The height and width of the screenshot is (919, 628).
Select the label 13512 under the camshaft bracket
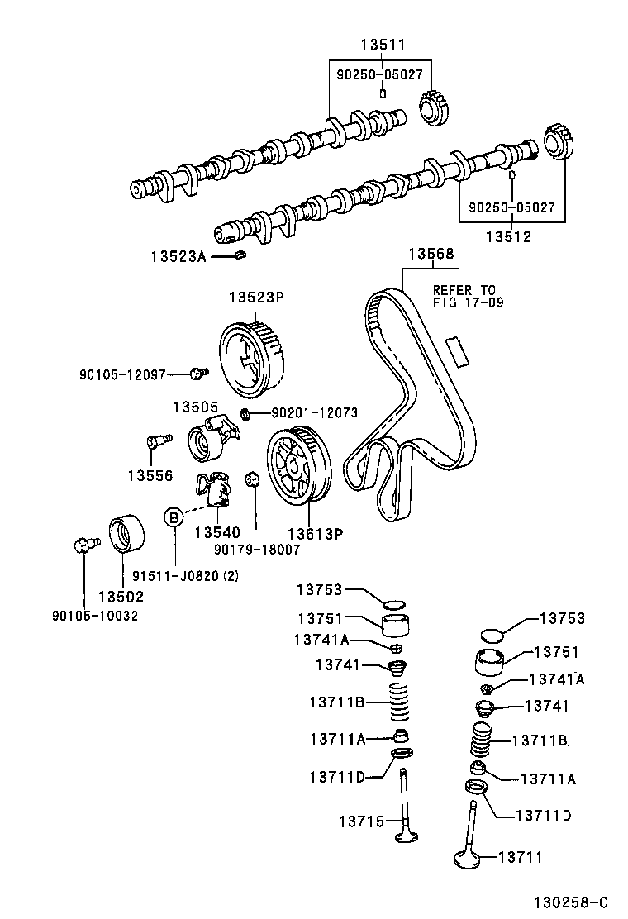coord(508,236)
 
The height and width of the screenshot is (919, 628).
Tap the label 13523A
coord(178,256)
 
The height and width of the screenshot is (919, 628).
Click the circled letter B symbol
coord(174,517)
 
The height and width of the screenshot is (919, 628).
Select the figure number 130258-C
coord(569,902)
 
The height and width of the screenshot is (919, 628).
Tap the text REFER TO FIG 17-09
coord(464,297)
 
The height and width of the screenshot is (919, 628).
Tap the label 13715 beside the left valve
coord(361,821)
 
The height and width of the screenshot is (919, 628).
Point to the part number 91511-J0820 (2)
coord(179,575)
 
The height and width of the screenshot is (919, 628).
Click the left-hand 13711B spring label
coord(337,702)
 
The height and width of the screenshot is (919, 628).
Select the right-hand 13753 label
coord(562,619)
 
